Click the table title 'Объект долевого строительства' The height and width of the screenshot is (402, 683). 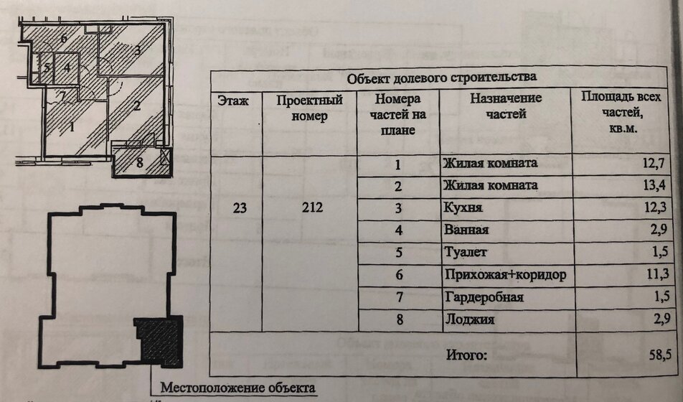click(441, 78)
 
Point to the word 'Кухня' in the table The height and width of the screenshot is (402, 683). click(463, 208)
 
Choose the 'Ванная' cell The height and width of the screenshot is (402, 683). click(466, 230)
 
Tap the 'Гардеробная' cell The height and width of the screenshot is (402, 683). click(483, 297)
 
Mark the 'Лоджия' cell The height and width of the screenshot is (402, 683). click(468, 319)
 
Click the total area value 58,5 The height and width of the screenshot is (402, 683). click(649, 355)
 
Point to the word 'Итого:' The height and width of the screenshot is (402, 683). click(466, 355)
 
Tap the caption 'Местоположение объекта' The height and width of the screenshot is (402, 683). click(237, 388)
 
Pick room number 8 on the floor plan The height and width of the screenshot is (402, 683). click(139, 163)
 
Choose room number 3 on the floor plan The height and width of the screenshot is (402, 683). click(136, 50)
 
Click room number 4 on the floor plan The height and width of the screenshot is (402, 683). click(67, 67)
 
